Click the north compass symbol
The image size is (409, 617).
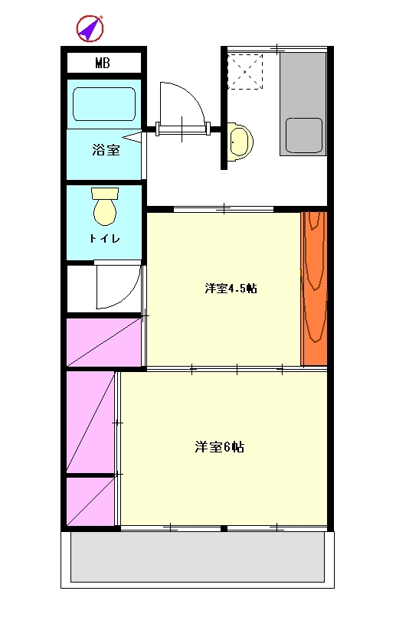coord(90,28)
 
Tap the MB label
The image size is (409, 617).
coord(103,63)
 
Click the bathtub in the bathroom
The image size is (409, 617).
coord(104,104)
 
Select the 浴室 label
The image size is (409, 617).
coord(106,150)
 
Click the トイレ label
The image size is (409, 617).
coord(104,239)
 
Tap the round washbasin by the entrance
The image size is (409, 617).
coord(240,142)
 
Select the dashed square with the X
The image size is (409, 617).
coord(245,72)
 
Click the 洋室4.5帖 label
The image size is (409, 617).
coord(231,289)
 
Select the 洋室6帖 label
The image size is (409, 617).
coord(219,447)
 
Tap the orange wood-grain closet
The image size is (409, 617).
coord(314,289)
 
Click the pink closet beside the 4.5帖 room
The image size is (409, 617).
coord(104,342)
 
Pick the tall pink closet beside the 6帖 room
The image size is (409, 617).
coord(90,422)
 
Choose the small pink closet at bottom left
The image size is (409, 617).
coord(90,501)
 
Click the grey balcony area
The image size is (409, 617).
coord(198,557)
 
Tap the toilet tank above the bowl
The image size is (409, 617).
coord(105,193)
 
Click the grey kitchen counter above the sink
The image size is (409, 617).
coord(303,85)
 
